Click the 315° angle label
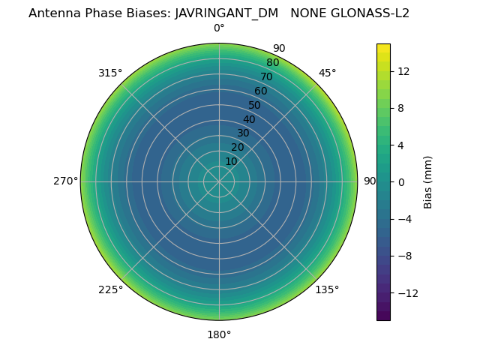(x=110, y=73)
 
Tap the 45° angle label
(x=328, y=73)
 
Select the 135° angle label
(x=327, y=289)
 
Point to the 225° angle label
(x=110, y=289)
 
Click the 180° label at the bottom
(x=219, y=334)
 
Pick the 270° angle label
(x=65, y=181)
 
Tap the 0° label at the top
(x=219, y=28)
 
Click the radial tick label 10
(x=231, y=161)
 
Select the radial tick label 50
(x=255, y=105)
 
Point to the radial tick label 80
(x=272, y=62)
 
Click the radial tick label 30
(x=243, y=133)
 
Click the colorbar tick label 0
(x=401, y=182)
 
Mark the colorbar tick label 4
(x=401, y=145)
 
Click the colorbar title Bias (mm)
(x=428, y=182)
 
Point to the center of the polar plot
(x=219, y=181)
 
